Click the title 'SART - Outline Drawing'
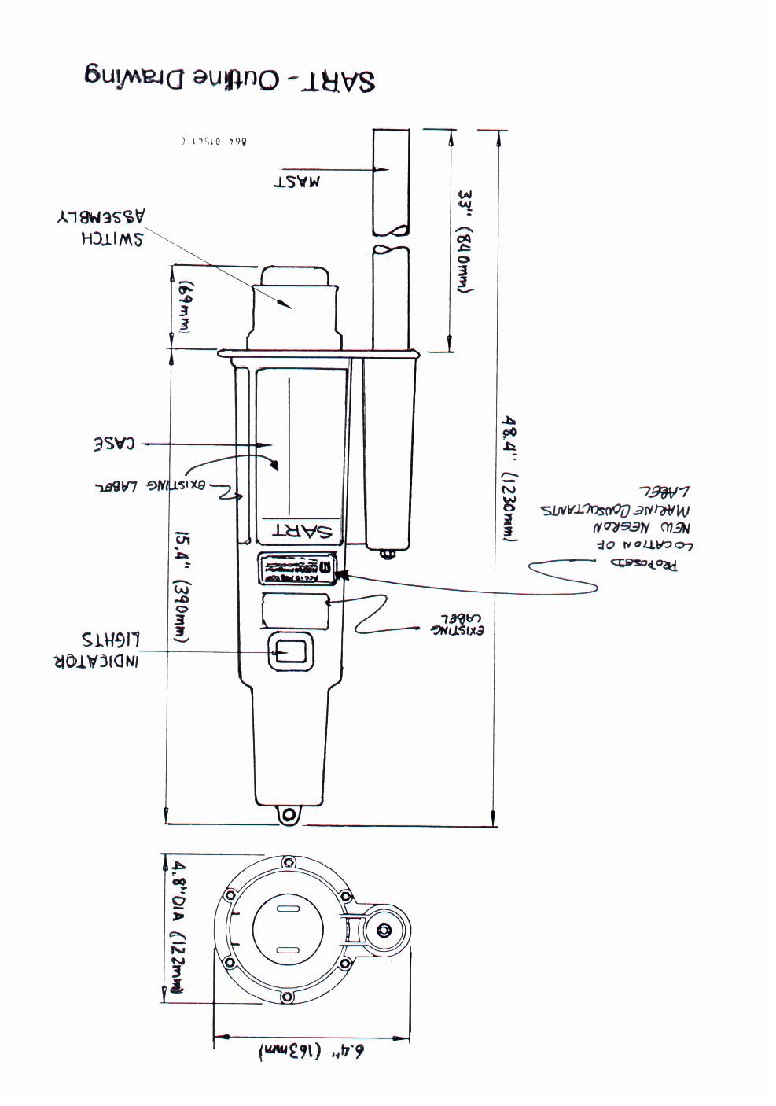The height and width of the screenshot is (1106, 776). pyautogui.click(x=229, y=79)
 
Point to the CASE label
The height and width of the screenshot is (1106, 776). pyautogui.click(x=116, y=444)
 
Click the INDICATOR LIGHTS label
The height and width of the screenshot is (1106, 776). pyautogui.click(x=96, y=650)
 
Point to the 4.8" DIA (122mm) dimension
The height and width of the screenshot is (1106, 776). pyautogui.click(x=178, y=929)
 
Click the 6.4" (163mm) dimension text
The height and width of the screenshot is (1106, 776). pyautogui.click(x=313, y=1052)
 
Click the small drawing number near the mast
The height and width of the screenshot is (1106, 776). pyautogui.click(x=213, y=142)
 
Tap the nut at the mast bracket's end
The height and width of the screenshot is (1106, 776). pyautogui.click(x=388, y=555)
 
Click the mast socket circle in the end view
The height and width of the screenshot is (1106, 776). pyautogui.click(x=385, y=931)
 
